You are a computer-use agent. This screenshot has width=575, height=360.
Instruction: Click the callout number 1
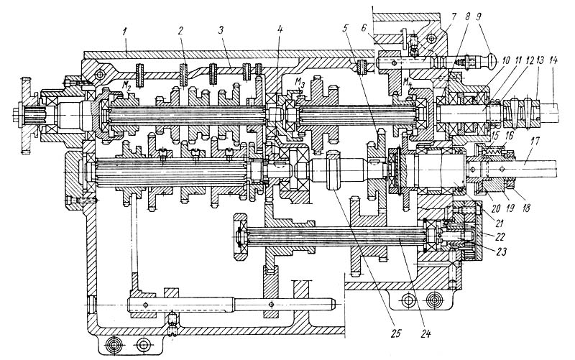[125, 31]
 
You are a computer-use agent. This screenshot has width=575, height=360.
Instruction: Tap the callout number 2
[180, 30]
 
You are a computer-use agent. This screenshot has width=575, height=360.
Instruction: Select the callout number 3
[221, 30]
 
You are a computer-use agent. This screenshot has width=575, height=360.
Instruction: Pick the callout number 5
[345, 29]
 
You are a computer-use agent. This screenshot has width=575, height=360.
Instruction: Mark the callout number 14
[553, 60]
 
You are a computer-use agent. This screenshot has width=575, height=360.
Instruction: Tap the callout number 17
[534, 141]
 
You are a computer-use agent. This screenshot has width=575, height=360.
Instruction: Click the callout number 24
[425, 333]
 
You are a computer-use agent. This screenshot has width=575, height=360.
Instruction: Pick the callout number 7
[454, 17]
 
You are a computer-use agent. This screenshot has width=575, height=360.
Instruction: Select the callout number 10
[507, 60]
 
